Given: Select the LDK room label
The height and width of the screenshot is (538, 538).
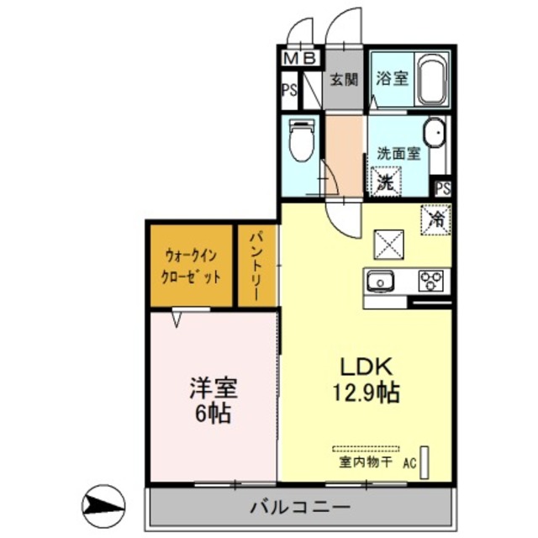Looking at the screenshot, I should pyautogui.click(x=366, y=367).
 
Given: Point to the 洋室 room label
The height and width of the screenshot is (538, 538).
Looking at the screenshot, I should pyautogui.click(x=212, y=389).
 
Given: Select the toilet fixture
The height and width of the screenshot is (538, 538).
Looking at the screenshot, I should pyautogui.click(x=299, y=142).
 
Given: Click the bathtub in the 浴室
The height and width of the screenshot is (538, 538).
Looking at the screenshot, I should pyautogui.click(x=431, y=79).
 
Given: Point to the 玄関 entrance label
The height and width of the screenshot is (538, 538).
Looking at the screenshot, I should pyautogui.click(x=344, y=80).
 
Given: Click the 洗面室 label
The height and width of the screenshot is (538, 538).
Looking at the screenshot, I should pyautogui.click(x=398, y=154).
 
